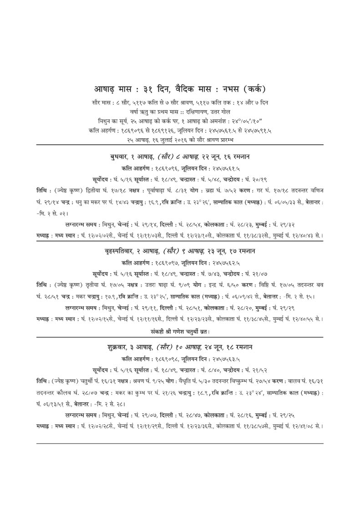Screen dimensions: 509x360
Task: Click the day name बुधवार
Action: click(x=118, y=156)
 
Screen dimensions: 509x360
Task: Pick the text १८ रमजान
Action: click(x=239, y=347)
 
